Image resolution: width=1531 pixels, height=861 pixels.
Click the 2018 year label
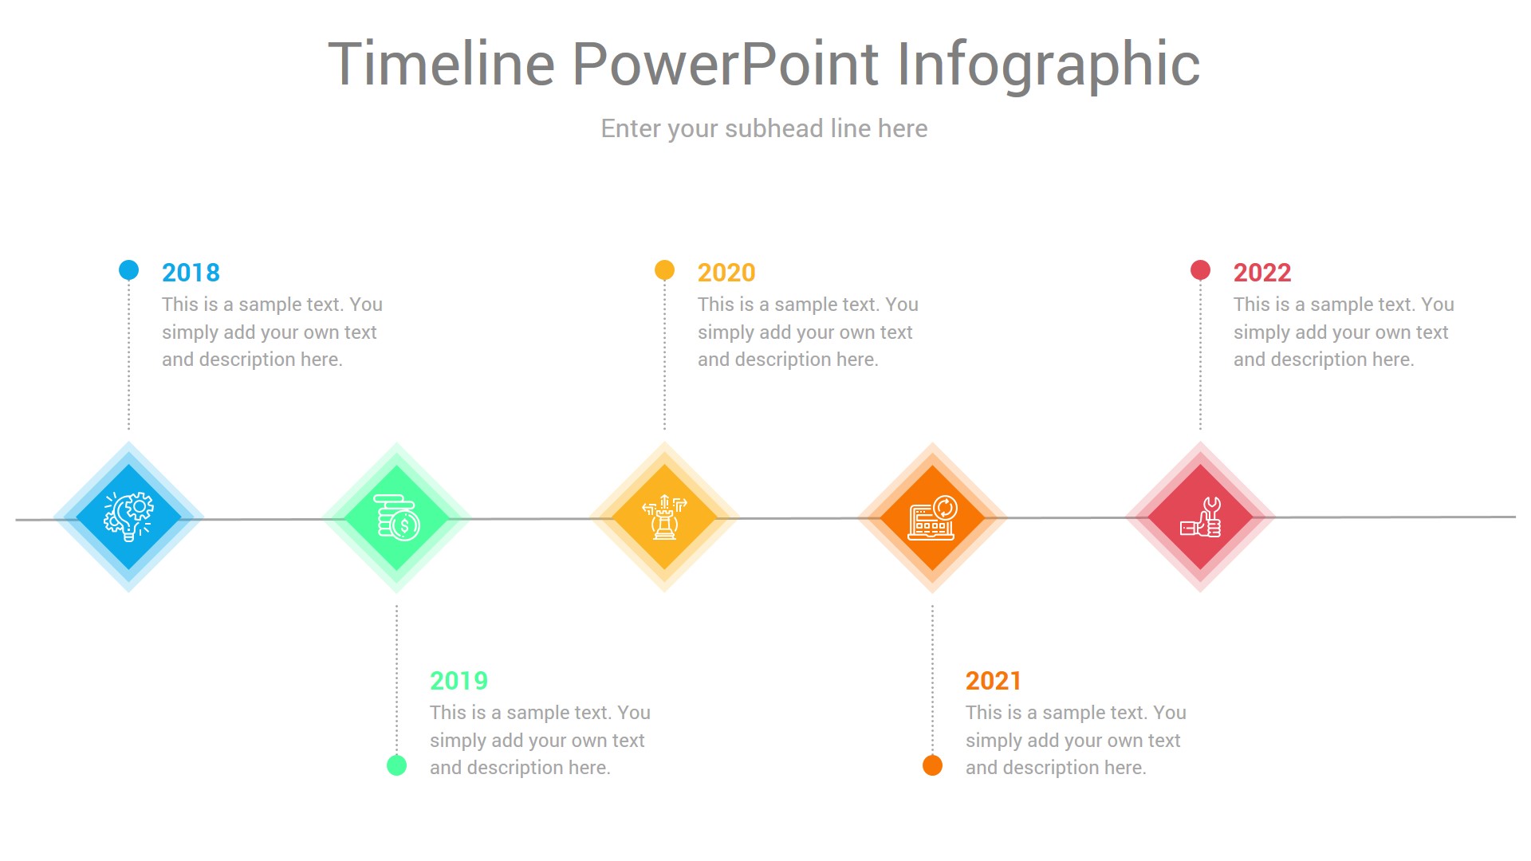[191, 273]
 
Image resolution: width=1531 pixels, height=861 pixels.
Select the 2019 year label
[459, 681]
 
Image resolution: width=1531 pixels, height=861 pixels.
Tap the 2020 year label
[726, 273]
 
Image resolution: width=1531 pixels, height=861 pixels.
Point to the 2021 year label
[994, 681]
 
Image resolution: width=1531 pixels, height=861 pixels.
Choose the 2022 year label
[1262, 273]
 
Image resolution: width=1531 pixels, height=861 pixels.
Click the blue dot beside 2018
[128, 270]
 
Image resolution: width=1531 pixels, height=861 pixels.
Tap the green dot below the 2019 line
[396, 765]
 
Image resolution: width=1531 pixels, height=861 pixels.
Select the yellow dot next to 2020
[664, 270]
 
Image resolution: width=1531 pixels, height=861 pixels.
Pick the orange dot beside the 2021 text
[932, 765]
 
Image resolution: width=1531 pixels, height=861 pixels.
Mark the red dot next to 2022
[1200, 270]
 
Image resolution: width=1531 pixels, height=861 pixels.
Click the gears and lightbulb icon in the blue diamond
[128, 517]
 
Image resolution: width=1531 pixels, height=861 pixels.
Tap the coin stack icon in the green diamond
[396, 517]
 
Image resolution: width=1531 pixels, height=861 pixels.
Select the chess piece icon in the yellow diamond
[664, 517]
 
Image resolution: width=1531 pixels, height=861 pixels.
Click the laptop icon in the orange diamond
[932, 517]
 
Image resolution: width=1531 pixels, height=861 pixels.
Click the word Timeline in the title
[441, 64]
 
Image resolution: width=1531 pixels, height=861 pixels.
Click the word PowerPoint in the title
[725, 64]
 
